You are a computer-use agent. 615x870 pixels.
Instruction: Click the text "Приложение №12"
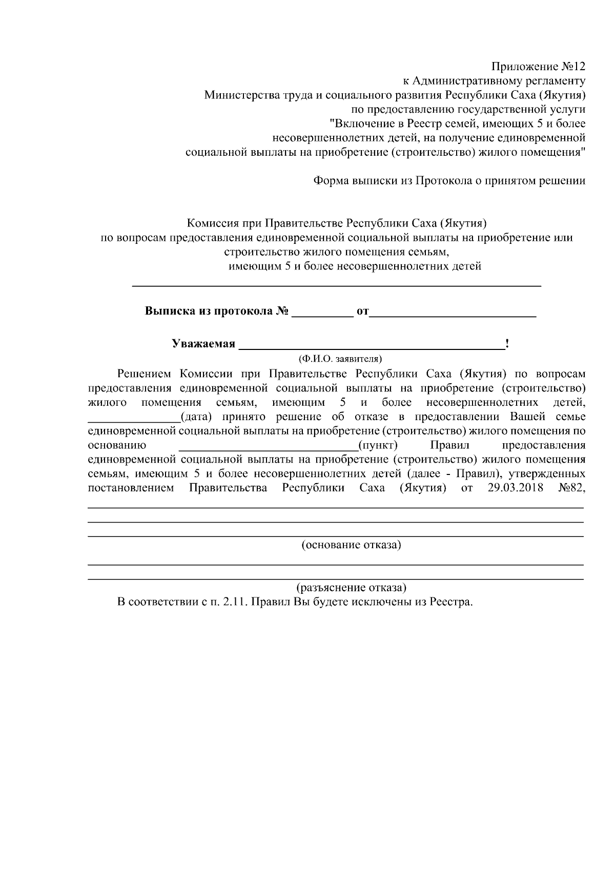[538, 67]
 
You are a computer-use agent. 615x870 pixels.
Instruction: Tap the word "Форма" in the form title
[330, 181]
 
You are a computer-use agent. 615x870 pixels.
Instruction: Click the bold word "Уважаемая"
[203, 344]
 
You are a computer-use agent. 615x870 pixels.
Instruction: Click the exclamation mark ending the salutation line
[507, 343]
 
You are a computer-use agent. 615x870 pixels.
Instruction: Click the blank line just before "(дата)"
[134, 419]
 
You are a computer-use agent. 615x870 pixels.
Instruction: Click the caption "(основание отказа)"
[351, 545]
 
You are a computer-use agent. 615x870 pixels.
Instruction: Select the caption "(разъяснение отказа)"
[351, 587]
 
